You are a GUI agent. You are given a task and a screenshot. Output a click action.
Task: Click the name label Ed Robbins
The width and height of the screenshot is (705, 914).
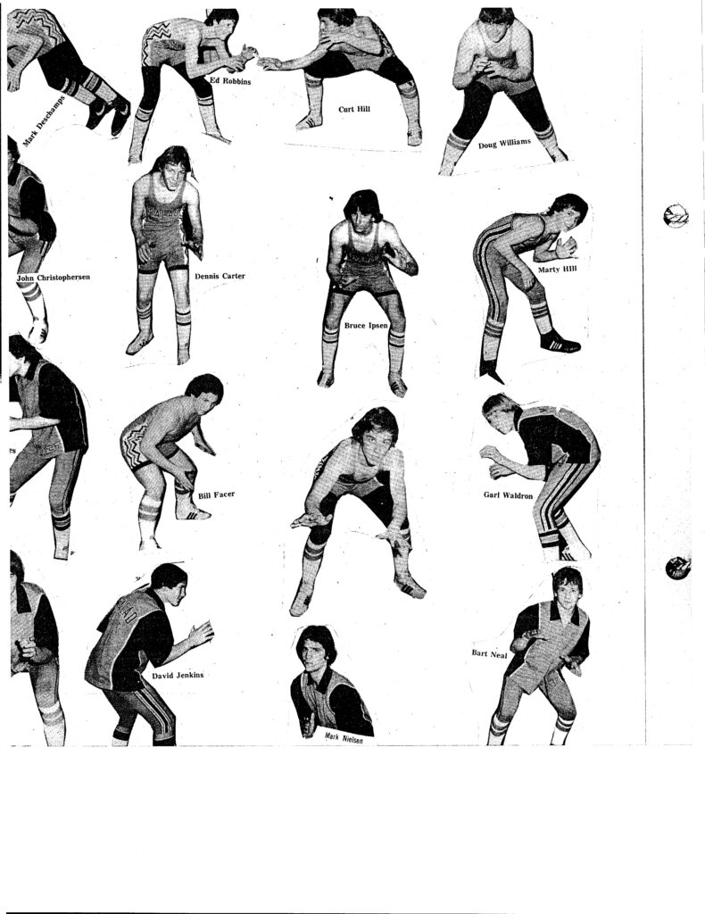[230, 81]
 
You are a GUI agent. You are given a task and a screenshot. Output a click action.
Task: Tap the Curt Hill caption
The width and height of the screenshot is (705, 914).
[354, 109]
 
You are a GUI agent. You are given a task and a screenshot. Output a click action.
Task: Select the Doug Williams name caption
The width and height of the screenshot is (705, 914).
[504, 142]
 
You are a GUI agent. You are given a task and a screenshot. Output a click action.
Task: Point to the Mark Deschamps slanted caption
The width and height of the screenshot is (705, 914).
[44, 120]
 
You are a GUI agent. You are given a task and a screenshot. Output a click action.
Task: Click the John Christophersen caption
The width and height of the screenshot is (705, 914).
[54, 278]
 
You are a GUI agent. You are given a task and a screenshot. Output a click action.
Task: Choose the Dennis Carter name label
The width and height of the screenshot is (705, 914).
[220, 276]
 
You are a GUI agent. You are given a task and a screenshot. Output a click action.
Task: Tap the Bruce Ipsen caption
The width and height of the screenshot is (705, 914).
[365, 325]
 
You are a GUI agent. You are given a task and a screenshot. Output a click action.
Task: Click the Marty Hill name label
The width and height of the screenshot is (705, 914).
[557, 270]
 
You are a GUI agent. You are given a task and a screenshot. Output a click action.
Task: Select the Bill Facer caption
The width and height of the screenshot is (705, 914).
[216, 494]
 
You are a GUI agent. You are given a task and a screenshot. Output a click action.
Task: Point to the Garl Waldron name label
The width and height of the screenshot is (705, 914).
[508, 495]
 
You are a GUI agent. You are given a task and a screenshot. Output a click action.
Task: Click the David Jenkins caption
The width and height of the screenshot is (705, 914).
[178, 676]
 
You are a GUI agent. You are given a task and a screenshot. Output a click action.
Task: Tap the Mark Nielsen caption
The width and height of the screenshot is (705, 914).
[344, 738]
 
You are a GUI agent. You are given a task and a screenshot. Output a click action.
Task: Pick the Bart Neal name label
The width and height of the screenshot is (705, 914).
[489, 654]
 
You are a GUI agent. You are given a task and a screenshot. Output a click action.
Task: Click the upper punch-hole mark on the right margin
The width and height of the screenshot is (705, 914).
[676, 216]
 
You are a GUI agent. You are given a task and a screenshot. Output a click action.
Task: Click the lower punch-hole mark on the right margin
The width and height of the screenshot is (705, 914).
[678, 568]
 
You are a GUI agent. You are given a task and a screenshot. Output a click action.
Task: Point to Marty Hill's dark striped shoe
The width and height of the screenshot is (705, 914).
[560, 342]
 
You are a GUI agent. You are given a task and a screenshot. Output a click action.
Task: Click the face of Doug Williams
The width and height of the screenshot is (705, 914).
[496, 26]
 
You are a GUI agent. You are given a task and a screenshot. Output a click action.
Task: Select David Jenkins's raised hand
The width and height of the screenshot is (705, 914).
[201, 634]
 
